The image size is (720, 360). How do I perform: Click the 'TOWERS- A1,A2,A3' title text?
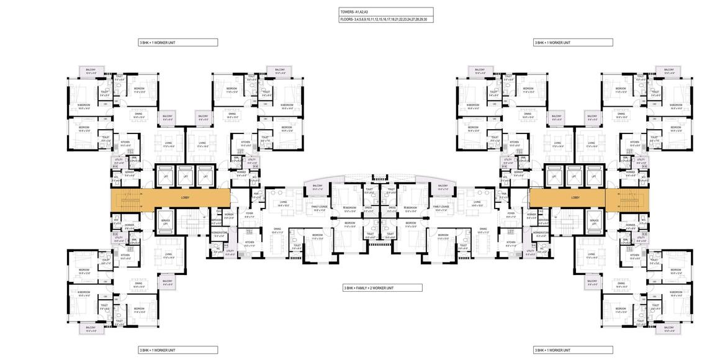pos(354,11)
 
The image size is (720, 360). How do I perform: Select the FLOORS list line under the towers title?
pos(384,20)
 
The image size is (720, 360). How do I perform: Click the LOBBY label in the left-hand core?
pos(185,198)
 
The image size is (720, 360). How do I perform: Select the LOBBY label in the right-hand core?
pos(575,198)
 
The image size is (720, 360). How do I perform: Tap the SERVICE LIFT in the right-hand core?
pos(594,222)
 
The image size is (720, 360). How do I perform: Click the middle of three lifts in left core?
pos(185,176)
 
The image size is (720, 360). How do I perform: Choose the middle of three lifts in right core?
pos(575,176)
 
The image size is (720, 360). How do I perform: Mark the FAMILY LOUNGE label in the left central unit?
pos(320,209)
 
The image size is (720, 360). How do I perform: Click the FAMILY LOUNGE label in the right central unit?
pos(441,209)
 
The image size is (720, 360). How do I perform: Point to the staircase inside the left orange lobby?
pos(125,199)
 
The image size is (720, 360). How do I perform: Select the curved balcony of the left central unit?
pos(317,187)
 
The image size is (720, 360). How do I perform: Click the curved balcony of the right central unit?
pos(443,187)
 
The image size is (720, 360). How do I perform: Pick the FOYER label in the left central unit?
pos(249,215)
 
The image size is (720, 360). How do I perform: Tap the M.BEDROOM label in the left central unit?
pos(350,209)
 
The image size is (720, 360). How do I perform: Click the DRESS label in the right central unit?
pos(392,208)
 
